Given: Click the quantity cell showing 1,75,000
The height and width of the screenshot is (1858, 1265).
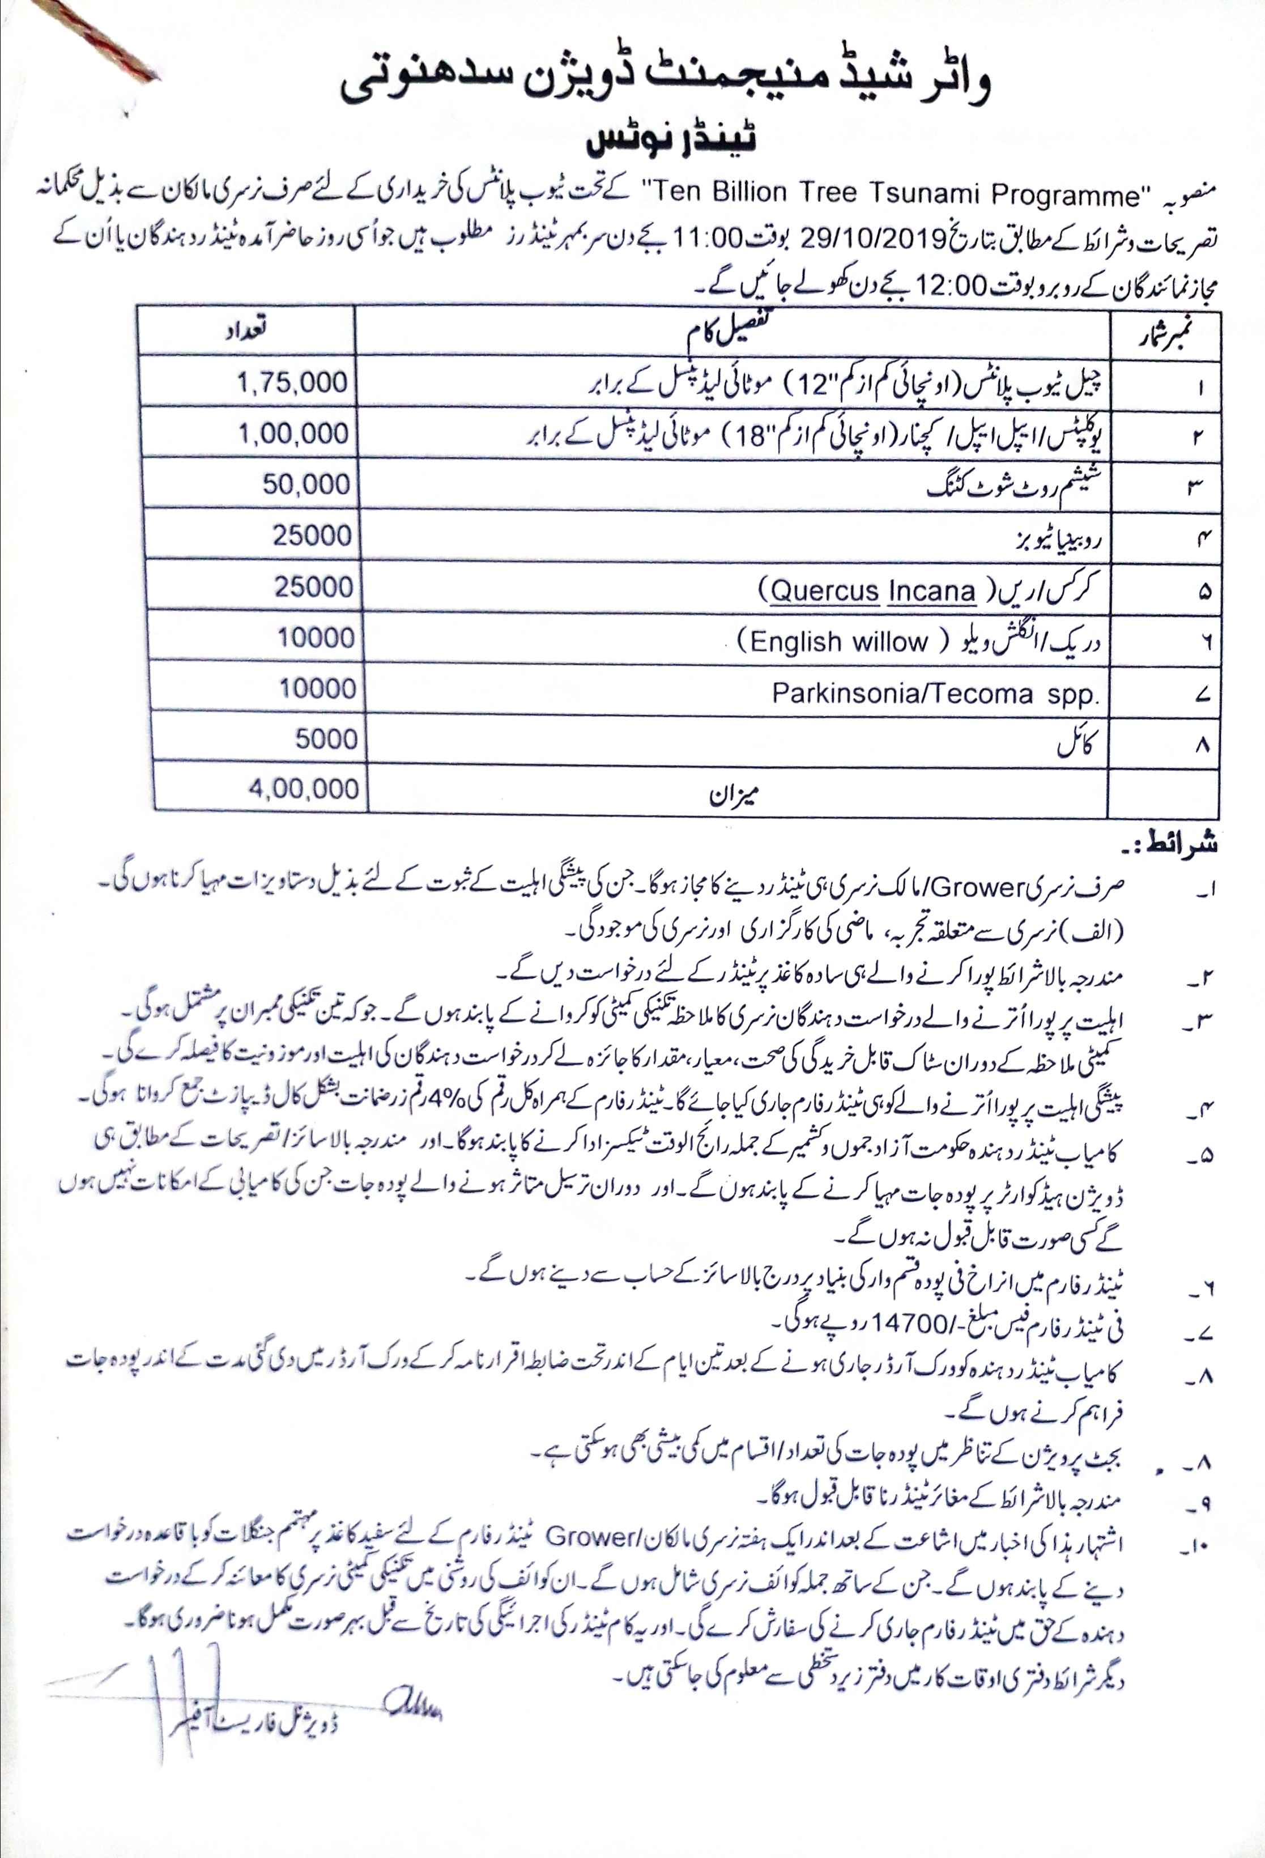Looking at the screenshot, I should (292, 382).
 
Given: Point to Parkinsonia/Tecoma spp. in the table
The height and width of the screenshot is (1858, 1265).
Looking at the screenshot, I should (935, 693).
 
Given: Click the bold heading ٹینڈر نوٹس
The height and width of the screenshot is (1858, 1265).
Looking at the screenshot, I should (671, 141).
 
